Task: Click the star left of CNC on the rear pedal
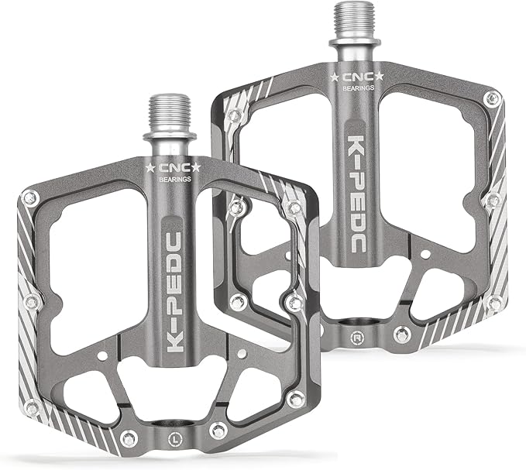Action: point(335,77)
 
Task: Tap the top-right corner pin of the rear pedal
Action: point(491,98)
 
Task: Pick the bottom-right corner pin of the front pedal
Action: point(295,400)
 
